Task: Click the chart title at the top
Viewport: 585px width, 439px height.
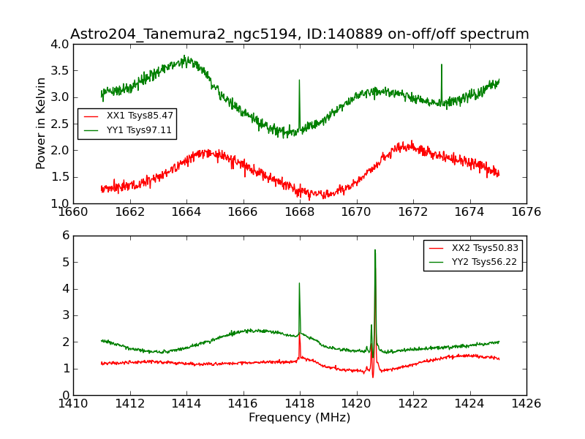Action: tap(300, 34)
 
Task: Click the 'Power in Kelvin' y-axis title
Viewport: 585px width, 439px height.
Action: tap(42, 123)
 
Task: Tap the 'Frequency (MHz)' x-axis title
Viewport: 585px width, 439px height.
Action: tap(300, 418)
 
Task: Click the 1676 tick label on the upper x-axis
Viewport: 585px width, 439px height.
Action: tap(526, 212)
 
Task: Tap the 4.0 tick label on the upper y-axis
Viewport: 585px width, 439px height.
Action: tap(61, 44)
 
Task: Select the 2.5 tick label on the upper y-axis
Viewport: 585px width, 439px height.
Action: tap(61, 124)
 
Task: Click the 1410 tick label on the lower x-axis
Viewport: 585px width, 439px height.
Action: tap(73, 404)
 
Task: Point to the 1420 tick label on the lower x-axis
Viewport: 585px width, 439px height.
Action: tap(356, 404)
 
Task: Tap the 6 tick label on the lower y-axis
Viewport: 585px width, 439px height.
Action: tap(66, 236)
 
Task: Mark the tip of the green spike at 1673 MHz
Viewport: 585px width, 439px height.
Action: tap(441, 64)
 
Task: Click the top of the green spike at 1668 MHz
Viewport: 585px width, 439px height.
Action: tap(299, 80)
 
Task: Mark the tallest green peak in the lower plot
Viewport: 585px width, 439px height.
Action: tap(375, 250)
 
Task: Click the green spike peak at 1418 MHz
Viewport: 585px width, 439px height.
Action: tap(299, 283)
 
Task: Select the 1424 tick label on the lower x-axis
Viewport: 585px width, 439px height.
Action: tap(469, 404)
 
